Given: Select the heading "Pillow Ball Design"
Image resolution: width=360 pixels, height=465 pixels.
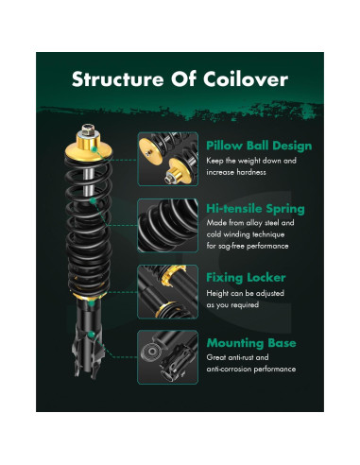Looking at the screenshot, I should (x=258, y=146).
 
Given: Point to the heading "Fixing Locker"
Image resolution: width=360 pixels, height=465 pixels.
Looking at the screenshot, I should (x=245, y=279).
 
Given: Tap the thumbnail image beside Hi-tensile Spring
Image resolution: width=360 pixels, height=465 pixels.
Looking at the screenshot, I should (x=168, y=226).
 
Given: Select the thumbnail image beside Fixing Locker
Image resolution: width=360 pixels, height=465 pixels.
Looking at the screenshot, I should (x=168, y=292).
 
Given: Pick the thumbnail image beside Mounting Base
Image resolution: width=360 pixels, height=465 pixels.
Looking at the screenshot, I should (x=168, y=358).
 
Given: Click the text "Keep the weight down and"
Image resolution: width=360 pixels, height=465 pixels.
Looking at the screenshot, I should (x=250, y=162).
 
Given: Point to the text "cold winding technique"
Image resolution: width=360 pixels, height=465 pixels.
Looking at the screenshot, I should (x=249, y=236).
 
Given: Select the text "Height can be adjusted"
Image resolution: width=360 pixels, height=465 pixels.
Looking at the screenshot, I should (x=247, y=293).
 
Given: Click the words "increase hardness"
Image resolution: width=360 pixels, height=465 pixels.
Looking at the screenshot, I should (x=238, y=173).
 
